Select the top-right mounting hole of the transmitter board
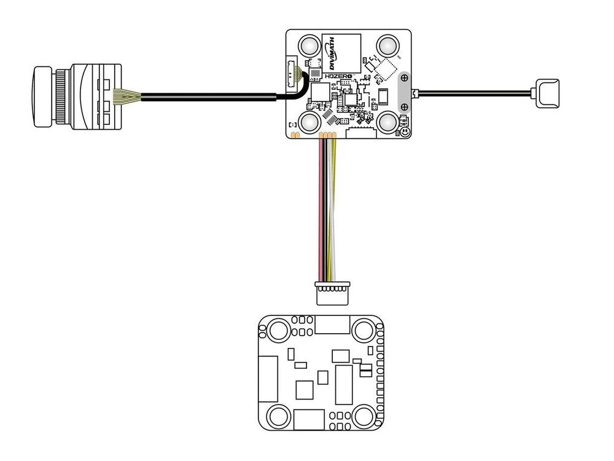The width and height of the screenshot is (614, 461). pyautogui.click(x=388, y=45)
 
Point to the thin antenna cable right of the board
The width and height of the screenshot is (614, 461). pyautogui.click(x=473, y=93)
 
